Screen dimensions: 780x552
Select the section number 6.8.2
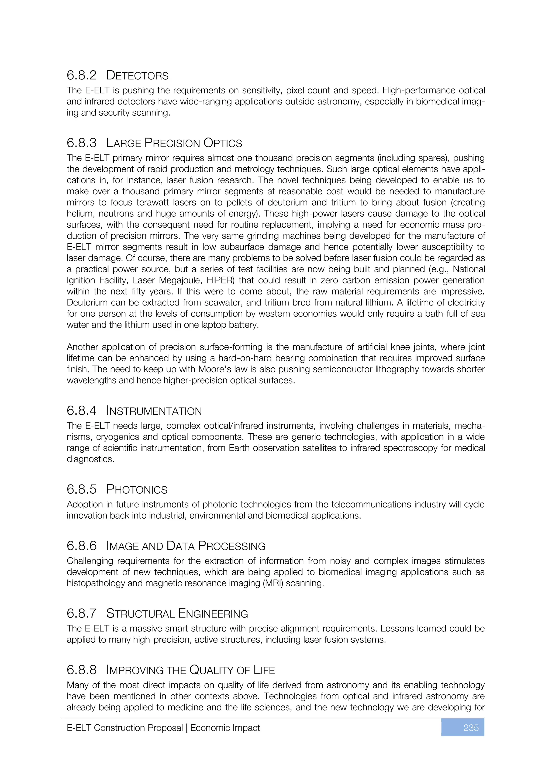(82, 75)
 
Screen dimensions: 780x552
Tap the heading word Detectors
(137, 75)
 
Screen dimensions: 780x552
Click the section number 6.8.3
(82, 143)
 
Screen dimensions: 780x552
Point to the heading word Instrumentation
(154, 411)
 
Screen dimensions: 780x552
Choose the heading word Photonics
(137, 489)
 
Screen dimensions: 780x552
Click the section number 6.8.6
(82, 546)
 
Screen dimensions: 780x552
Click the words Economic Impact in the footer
(225, 728)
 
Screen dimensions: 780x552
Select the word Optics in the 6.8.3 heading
(223, 143)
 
